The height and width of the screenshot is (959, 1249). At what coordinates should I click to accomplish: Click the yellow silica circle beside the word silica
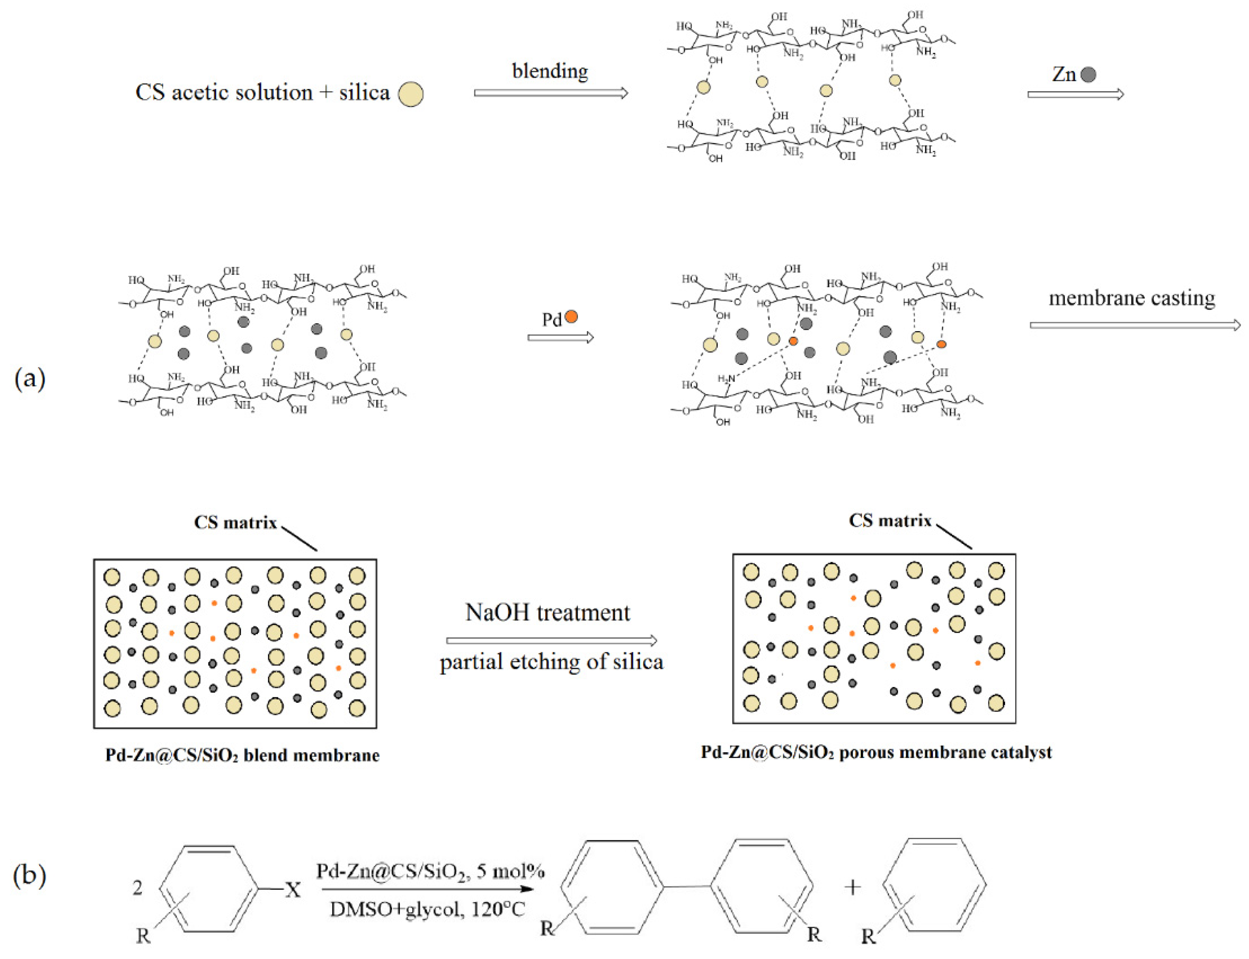(x=411, y=94)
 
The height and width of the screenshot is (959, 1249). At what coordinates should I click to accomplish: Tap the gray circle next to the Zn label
(x=1088, y=74)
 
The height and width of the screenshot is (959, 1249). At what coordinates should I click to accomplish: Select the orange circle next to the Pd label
(x=571, y=316)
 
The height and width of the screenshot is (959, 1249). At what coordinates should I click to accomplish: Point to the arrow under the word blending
(x=551, y=93)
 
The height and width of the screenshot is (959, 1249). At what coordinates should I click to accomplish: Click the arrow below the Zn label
(x=1075, y=94)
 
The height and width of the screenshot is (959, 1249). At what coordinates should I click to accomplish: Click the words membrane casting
(x=1132, y=298)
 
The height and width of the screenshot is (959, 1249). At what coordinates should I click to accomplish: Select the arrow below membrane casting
(x=1135, y=325)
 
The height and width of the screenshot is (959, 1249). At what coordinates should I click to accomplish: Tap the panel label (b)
(x=30, y=875)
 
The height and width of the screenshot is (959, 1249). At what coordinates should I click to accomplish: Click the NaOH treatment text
(x=547, y=613)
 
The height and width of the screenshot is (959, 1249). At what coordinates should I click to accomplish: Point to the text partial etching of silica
(x=552, y=662)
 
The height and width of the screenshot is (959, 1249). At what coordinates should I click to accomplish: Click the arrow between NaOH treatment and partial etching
(x=552, y=640)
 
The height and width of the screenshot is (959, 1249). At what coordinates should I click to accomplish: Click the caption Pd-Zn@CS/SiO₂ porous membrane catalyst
(x=876, y=752)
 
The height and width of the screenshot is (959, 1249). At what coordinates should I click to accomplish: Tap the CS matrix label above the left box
(x=235, y=522)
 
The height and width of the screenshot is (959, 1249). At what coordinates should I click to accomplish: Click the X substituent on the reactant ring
(x=293, y=889)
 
